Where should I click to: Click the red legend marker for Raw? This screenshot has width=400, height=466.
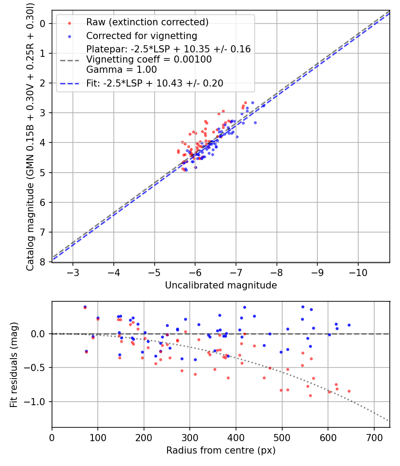coord(69,23)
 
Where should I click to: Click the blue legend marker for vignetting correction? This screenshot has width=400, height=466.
coord(69,36)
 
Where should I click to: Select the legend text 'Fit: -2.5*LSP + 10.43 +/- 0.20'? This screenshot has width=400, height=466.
coord(155,83)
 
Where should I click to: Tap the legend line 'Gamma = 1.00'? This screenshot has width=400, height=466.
coord(121,70)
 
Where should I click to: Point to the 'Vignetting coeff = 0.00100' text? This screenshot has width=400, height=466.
coord(149,59)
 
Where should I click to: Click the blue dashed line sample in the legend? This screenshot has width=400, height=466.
coord(70,84)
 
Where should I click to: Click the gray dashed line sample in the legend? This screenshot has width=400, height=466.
coord(70,60)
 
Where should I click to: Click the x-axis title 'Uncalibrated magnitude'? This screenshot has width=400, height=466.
coord(221,285)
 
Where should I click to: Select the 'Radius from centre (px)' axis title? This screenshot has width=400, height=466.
coord(221,450)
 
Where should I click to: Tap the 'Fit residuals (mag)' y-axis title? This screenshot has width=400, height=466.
coord(13,365)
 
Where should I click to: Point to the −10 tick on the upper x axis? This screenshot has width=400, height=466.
coord(358,272)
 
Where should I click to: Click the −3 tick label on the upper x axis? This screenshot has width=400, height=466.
coord(73,272)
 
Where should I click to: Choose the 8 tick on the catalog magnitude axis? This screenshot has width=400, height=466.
coord(43,262)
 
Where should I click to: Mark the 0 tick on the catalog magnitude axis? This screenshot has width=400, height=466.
coord(43,24)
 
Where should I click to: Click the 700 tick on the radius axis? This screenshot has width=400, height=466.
coord(374,438)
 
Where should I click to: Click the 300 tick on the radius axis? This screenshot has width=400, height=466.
coord(190,438)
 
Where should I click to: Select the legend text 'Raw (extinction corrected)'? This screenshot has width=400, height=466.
coord(147,22)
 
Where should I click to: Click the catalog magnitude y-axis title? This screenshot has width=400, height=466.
coord(30,137)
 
